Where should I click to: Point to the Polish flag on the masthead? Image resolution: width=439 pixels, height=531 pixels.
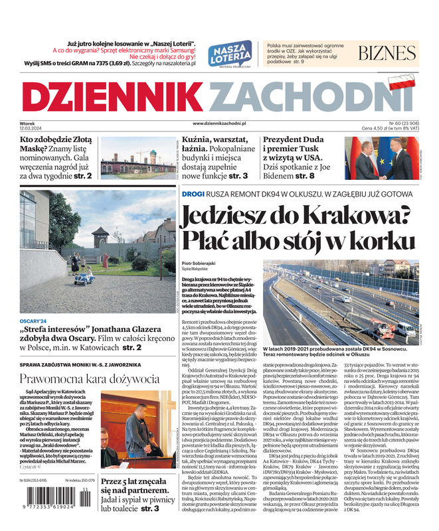point(401,82)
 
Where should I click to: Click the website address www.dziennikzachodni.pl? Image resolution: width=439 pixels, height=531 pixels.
point(219,123)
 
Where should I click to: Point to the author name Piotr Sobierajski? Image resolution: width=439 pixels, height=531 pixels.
point(205,265)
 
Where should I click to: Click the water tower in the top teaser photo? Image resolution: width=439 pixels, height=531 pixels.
point(153,157)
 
